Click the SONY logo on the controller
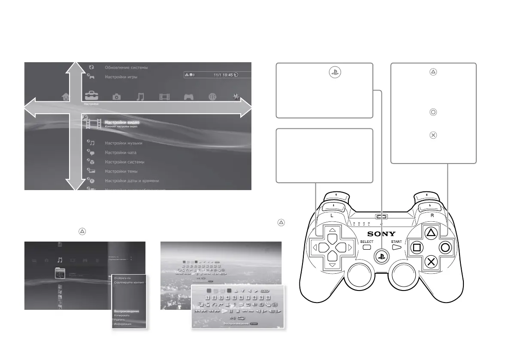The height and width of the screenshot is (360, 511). click(x=381, y=234)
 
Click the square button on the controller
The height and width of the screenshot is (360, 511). click(x=415, y=248)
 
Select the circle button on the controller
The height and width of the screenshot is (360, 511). click(x=445, y=248)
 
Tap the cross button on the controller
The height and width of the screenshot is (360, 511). click(x=430, y=262)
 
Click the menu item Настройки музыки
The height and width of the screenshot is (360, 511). click(x=124, y=143)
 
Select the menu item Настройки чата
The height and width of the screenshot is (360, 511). click(x=121, y=152)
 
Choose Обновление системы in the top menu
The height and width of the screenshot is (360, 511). click(x=126, y=67)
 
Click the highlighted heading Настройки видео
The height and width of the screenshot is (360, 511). click(x=122, y=123)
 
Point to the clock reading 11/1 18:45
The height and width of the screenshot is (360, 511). click(x=223, y=74)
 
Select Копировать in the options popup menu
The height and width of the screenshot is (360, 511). click(x=122, y=315)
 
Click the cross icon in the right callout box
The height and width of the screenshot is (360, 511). click(x=433, y=135)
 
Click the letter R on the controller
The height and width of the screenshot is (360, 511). click(x=432, y=215)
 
